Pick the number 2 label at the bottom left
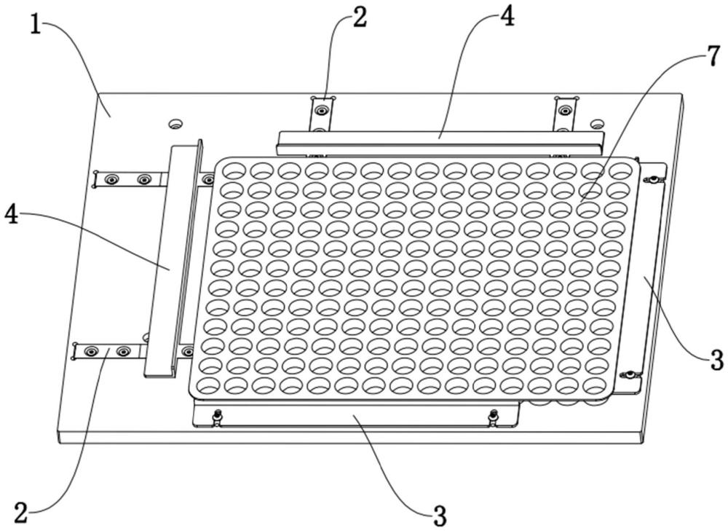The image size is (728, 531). coord(22,512)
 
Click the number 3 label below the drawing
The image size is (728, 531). coord(438,516)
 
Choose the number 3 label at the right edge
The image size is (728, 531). coord(716,358)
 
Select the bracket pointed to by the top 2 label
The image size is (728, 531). coord(320,113)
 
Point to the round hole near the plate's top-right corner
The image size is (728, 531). coord(597,124)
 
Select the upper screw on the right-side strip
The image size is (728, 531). coord(654,180)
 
